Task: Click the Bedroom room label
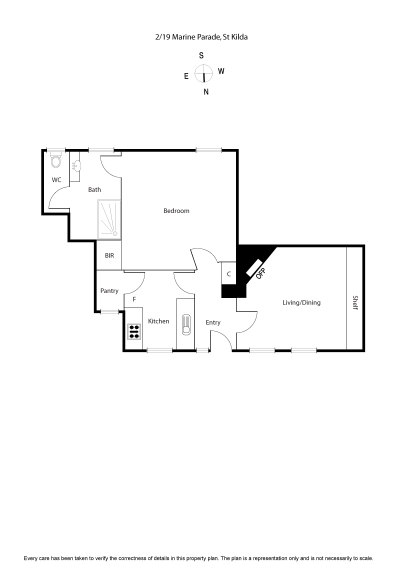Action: [x=176, y=210]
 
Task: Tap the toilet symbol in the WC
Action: [x=55, y=161]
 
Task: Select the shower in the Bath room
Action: [x=109, y=218]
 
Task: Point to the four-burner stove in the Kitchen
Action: [x=134, y=331]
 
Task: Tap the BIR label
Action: [x=109, y=255]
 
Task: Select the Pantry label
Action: [x=109, y=290]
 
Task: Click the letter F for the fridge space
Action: [x=134, y=299]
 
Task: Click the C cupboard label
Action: [x=229, y=274]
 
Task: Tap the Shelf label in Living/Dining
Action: [x=355, y=302]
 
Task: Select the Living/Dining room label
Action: [x=301, y=302]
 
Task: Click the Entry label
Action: [x=213, y=322]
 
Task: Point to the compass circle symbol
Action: [x=204, y=73]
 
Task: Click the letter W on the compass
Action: [x=221, y=71]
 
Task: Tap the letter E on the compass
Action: [x=186, y=76]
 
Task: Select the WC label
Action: [x=56, y=179]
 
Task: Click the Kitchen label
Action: [x=158, y=321]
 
